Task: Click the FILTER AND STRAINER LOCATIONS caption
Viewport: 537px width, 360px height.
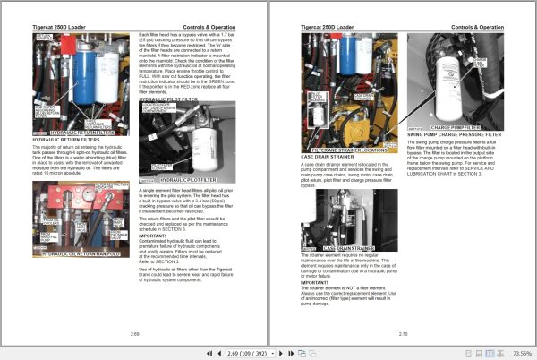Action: click(354, 149)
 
